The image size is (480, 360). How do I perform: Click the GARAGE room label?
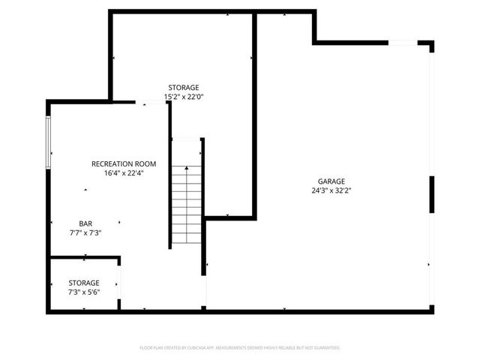pyautogui.click(x=331, y=181)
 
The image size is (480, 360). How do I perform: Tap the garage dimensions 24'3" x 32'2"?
pyautogui.click(x=331, y=190)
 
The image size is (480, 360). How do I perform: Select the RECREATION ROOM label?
pyautogui.click(x=124, y=163)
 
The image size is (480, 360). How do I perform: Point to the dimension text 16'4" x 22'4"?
pyautogui.click(x=124, y=172)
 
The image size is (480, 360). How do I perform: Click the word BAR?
pyautogui.click(x=86, y=223)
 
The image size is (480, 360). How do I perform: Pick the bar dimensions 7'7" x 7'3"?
pyautogui.click(x=85, y=232)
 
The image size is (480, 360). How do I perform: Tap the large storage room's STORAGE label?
pyautogui.click(x=184, y=87)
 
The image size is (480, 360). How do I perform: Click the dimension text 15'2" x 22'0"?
pyautogui.click(x=184, y=96)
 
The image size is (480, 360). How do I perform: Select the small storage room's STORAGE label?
pyautogui.click(x=84, y=283)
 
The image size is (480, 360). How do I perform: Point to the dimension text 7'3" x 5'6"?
pyautogui.click(x=84, y=292)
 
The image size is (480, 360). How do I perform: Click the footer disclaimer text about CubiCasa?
pyautogui.click(x=240, y=348)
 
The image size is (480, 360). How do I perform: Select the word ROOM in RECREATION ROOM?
pyautogui.click(x=145, y=163)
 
